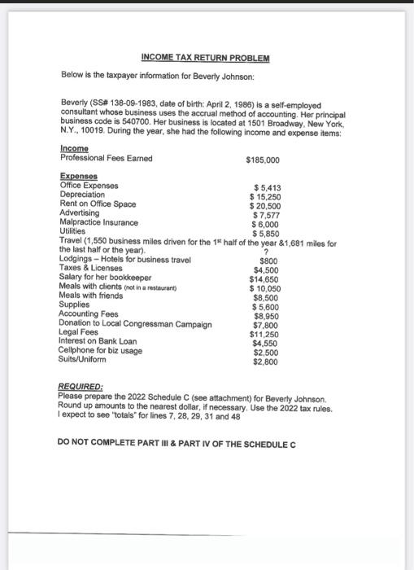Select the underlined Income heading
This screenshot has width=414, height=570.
[73, 149]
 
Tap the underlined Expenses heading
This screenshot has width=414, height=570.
[78, 176]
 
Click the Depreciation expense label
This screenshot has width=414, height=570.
[82, 195]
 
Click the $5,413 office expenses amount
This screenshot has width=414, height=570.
[268, 186]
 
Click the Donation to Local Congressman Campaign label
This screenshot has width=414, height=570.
[136, 323]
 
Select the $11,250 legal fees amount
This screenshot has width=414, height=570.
[266, 334]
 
